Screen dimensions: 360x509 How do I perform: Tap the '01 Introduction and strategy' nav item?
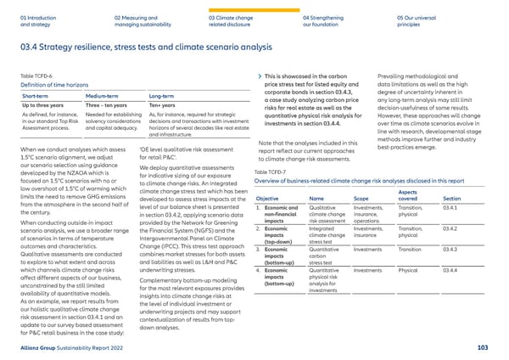coord(32,20)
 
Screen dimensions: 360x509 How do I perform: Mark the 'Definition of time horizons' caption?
coord(57,85)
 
